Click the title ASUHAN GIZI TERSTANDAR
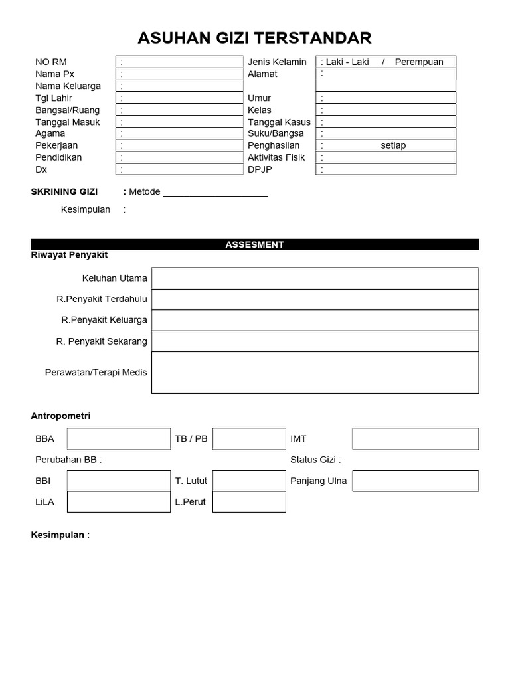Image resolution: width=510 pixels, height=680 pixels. tap(254, 38)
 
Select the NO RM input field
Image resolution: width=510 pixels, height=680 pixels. tap(179, 62)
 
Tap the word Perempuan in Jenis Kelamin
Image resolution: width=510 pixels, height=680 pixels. tap(418, 62)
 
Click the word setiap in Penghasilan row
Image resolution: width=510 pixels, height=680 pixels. tap(393, 145)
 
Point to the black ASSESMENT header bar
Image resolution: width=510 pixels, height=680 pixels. tap(254, 244)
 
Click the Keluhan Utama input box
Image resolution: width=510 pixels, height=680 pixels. tap(315, 278)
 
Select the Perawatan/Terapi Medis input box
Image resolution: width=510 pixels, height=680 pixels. tap(315, 373)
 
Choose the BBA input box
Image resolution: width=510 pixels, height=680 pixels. tap(118, 439)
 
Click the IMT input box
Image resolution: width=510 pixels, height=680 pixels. tap(415, 439)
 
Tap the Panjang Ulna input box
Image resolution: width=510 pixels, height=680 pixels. tap(415, 481)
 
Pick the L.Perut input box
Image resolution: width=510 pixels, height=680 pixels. tap(249, 502)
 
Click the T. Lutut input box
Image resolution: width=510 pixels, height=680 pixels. tap(249, 481)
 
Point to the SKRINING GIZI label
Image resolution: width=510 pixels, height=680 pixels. tap(64, 191)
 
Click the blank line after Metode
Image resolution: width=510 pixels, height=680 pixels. tap(215, 192)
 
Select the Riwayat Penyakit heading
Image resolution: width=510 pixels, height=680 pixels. tap(70, 254)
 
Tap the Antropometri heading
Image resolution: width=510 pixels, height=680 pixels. tap(60, 416)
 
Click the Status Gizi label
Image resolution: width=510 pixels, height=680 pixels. tap(315, 460)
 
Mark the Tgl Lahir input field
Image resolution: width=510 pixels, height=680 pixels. tap(179, 98)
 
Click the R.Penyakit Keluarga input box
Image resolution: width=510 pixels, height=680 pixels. tap(315, 320)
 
